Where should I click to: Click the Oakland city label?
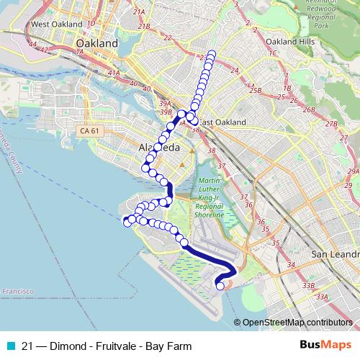(x=96, y=43)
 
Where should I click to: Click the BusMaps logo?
(x=325, y=346)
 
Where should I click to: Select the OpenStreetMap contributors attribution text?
(x=297, y=323)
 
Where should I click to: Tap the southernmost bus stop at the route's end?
(x=220, y=287)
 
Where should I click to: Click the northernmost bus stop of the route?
(x=212, y=53)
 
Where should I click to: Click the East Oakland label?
(x=222, y=122)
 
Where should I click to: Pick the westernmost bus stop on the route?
(x=127, y=222)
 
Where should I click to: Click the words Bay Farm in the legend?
(x=171, y=346)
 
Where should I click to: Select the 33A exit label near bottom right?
(x=321, y=296)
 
